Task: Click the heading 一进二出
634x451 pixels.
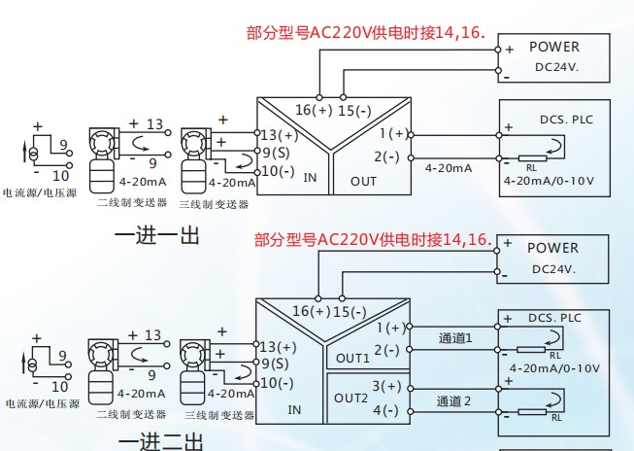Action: [160, 442]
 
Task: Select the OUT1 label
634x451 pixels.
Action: [353, 358]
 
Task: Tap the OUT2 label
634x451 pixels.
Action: [351, 399]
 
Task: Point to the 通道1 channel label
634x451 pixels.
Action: [454, 338]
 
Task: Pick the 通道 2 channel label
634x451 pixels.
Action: [454, 400]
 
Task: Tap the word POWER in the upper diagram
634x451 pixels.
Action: [553, 47]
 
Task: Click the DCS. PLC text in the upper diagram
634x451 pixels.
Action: [566, 121]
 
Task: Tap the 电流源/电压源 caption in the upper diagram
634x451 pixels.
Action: [41, 194]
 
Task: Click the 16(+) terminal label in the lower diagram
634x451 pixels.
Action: [312, 311]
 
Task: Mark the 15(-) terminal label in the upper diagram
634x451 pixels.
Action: [354, 110]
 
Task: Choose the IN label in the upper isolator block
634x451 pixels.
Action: [311, 179]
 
